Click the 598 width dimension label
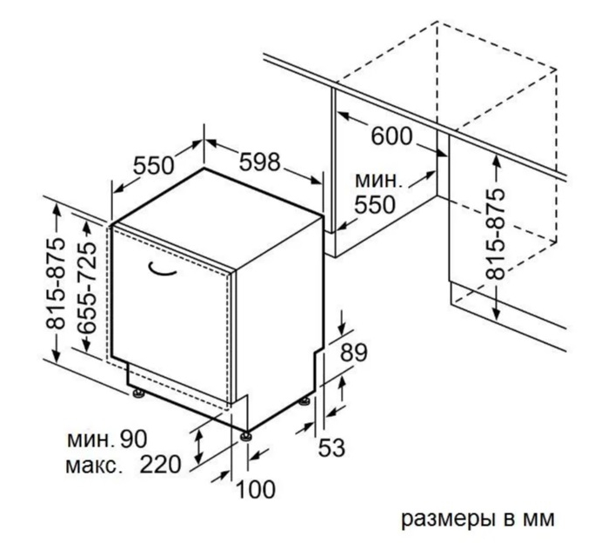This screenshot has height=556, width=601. [x=259, y=162]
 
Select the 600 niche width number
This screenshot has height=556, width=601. [x=391, y=136]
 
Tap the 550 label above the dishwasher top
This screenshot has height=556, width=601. [x=153, y=165]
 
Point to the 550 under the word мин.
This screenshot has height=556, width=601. [x=374, y=204]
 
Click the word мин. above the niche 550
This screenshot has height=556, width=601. [x=378, y=181]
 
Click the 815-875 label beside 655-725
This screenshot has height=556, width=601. [x=56, y=283]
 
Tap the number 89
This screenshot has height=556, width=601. [x=353, y=353]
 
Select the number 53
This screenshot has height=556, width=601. [x=331, y=447]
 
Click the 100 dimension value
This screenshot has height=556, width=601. [x=256, y=489]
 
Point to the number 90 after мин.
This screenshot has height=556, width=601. [x=133, y=439]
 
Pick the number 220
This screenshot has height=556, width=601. [x=160, y=465]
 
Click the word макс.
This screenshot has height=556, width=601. [x=91, y=466]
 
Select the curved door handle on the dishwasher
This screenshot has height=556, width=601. [x=161, y=269]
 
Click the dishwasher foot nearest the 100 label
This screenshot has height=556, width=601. [x=246, y=436]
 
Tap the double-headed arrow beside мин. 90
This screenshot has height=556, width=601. [x=198, y=446]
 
